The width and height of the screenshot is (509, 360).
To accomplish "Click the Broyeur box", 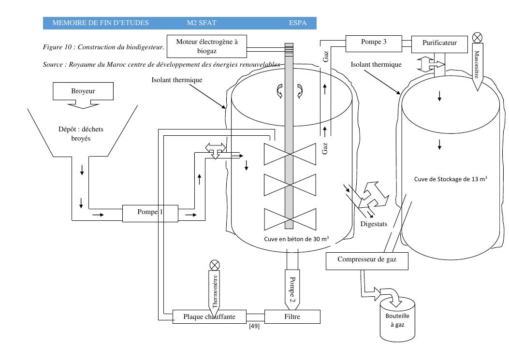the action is click(x=83, y=91).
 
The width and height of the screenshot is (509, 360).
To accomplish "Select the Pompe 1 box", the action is click(x=150, y=213).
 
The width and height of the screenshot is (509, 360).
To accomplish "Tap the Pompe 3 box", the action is click(x=374, y=43).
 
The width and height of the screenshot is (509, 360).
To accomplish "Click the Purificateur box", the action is click(x=439, y=44).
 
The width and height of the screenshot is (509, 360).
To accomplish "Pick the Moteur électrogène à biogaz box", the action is click(x=207, y=46).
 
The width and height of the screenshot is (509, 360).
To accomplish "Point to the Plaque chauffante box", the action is click(x=209, y=317).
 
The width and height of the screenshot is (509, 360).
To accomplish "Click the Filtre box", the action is click(x=292, y=317).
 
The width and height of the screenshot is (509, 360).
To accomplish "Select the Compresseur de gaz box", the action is click(x=367, y=261).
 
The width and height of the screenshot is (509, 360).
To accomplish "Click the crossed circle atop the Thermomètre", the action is click(x=215, y=265).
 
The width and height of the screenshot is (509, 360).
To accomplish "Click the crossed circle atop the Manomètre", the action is click(x=477, y=38).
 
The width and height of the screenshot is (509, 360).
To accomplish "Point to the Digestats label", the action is click(x=374, y=224).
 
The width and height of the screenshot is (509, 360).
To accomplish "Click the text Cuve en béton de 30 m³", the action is click(x=296, y=239).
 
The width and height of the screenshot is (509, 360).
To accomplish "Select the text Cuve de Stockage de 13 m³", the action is click(x=451, y=179).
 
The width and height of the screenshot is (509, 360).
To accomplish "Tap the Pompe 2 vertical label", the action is click(x=292, y=289).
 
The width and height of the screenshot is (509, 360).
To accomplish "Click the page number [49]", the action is click(x=254, y=326).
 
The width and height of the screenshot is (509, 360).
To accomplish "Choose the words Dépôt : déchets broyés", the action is click(x=81, y=134).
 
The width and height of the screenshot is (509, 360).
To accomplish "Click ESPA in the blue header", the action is click(x=298, y=23).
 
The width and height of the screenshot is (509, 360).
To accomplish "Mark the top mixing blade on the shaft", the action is click(x=290, y=154).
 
